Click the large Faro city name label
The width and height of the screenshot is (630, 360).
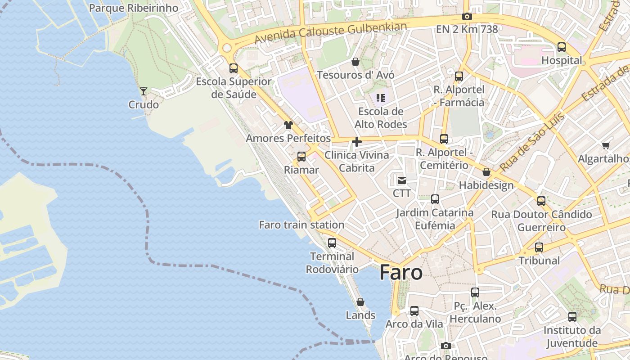401,273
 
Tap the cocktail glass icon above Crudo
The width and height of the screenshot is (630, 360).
144,91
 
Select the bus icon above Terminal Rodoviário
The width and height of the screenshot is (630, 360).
332,243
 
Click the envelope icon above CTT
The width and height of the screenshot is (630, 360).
401,180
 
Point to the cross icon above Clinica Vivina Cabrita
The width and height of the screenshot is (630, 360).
357,142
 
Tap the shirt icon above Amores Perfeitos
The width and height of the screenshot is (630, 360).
288,125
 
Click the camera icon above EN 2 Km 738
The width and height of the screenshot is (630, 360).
467,17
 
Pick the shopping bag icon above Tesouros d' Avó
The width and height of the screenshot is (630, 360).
355,62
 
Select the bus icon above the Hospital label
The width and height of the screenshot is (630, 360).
562,47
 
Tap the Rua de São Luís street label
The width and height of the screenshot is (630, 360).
532,142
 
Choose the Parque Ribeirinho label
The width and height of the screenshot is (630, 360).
134,8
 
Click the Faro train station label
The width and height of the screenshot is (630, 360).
301,225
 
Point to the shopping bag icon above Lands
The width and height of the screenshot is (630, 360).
360,302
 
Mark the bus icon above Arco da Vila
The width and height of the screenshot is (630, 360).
414,311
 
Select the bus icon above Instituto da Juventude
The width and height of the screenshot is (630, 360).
572,317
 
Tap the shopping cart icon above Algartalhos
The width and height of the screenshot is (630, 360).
606,145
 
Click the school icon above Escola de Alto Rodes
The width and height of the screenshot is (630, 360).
381,98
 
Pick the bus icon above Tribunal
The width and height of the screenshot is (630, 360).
539,247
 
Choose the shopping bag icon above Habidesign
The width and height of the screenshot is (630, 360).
486,172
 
